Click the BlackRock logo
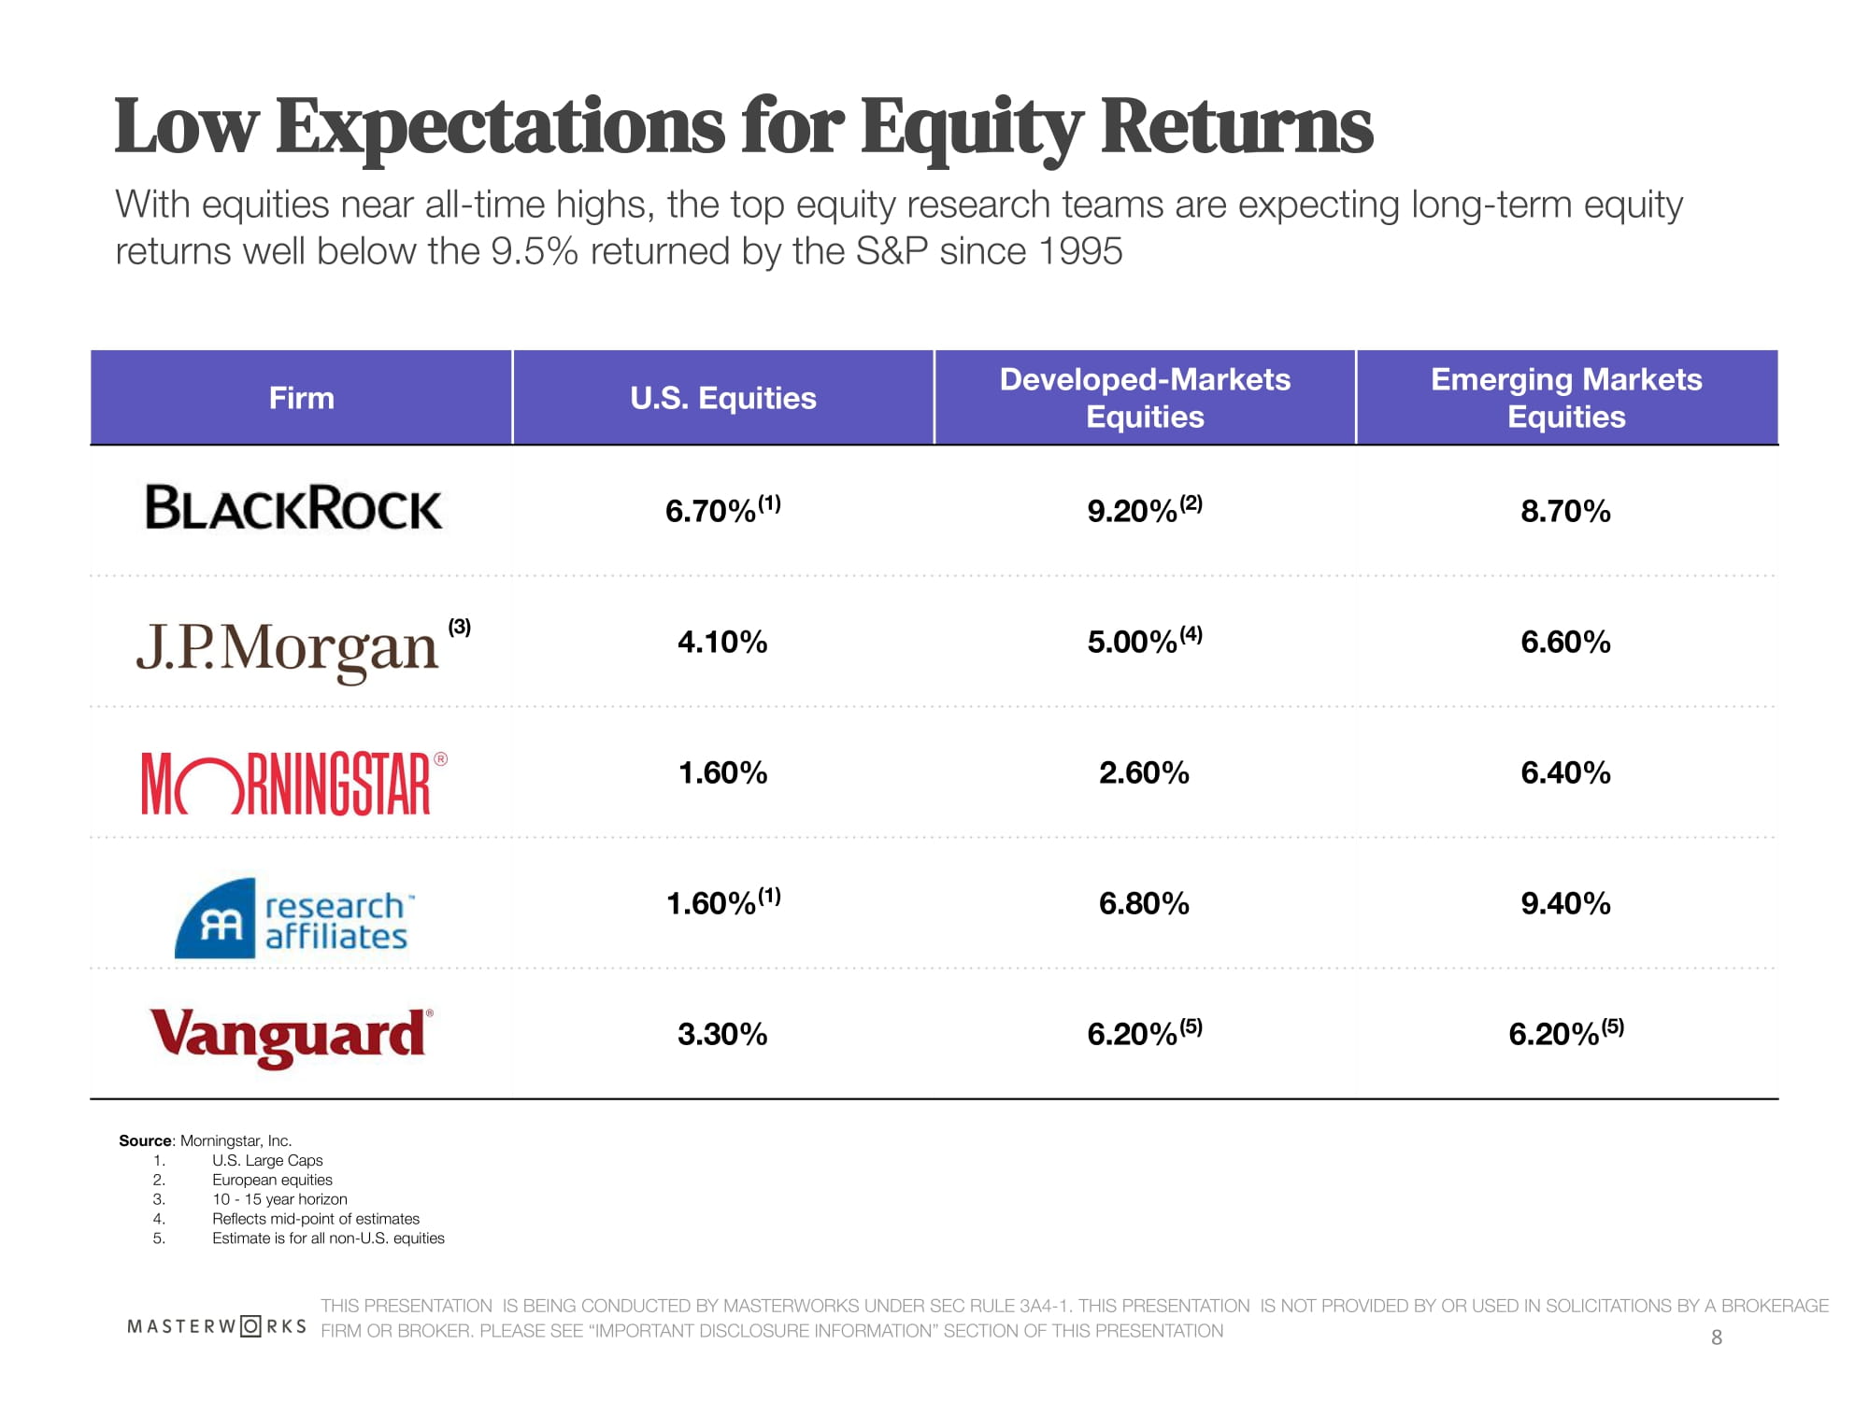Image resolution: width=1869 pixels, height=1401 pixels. point(293,508)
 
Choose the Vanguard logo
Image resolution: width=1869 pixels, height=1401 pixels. point(291,1036)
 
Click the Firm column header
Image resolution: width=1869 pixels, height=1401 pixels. point(301,399)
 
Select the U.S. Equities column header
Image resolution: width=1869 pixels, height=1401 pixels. point(722,399)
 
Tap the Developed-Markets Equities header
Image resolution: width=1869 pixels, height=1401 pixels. point(1145,398)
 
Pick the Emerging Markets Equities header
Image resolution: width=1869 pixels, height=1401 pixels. point(1566,398)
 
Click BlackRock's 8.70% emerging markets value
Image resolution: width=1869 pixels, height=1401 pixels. point(1565,512)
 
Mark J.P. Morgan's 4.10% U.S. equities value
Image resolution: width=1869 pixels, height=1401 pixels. point(722,643)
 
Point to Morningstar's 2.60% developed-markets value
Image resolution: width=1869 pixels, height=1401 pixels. point(1144,773)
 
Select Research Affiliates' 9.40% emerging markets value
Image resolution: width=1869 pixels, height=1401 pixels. point(1565,904)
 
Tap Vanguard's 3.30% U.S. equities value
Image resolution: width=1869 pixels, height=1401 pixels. point(722,1035)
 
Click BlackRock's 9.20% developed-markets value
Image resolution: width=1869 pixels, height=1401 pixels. point(1133,512)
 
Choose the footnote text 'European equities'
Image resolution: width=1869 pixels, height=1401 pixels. point(272,1180)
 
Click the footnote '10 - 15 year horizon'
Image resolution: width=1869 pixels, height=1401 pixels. point(279,1199)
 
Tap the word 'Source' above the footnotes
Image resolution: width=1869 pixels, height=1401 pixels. point(146,1140)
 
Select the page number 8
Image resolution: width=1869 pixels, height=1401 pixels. point(1716,1337)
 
